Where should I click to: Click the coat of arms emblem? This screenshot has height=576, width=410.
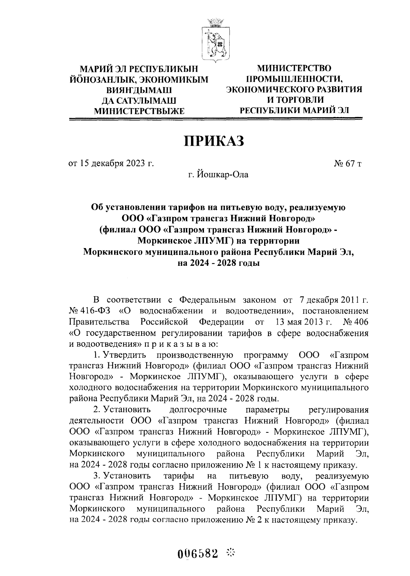coord(215,41)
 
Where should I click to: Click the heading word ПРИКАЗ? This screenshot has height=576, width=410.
coord(215,141)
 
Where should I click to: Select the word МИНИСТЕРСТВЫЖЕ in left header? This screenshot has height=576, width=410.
coord(139,111)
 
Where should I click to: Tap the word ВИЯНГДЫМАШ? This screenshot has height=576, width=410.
coord(139,90)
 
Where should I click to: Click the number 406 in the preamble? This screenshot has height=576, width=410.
coord(360,322)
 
